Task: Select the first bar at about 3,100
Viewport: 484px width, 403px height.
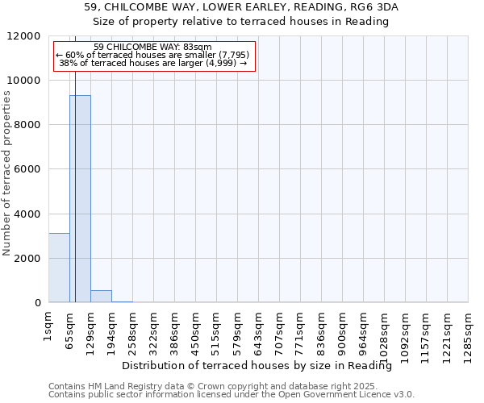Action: point(59,268)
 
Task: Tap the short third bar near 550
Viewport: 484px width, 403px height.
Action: point(101,297)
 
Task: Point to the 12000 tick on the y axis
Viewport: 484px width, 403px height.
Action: point(27,36)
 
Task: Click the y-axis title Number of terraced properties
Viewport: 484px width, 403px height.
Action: point(7,173)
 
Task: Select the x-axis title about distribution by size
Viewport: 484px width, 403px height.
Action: point(262,366)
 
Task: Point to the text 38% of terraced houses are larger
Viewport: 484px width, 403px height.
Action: point(153,62)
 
